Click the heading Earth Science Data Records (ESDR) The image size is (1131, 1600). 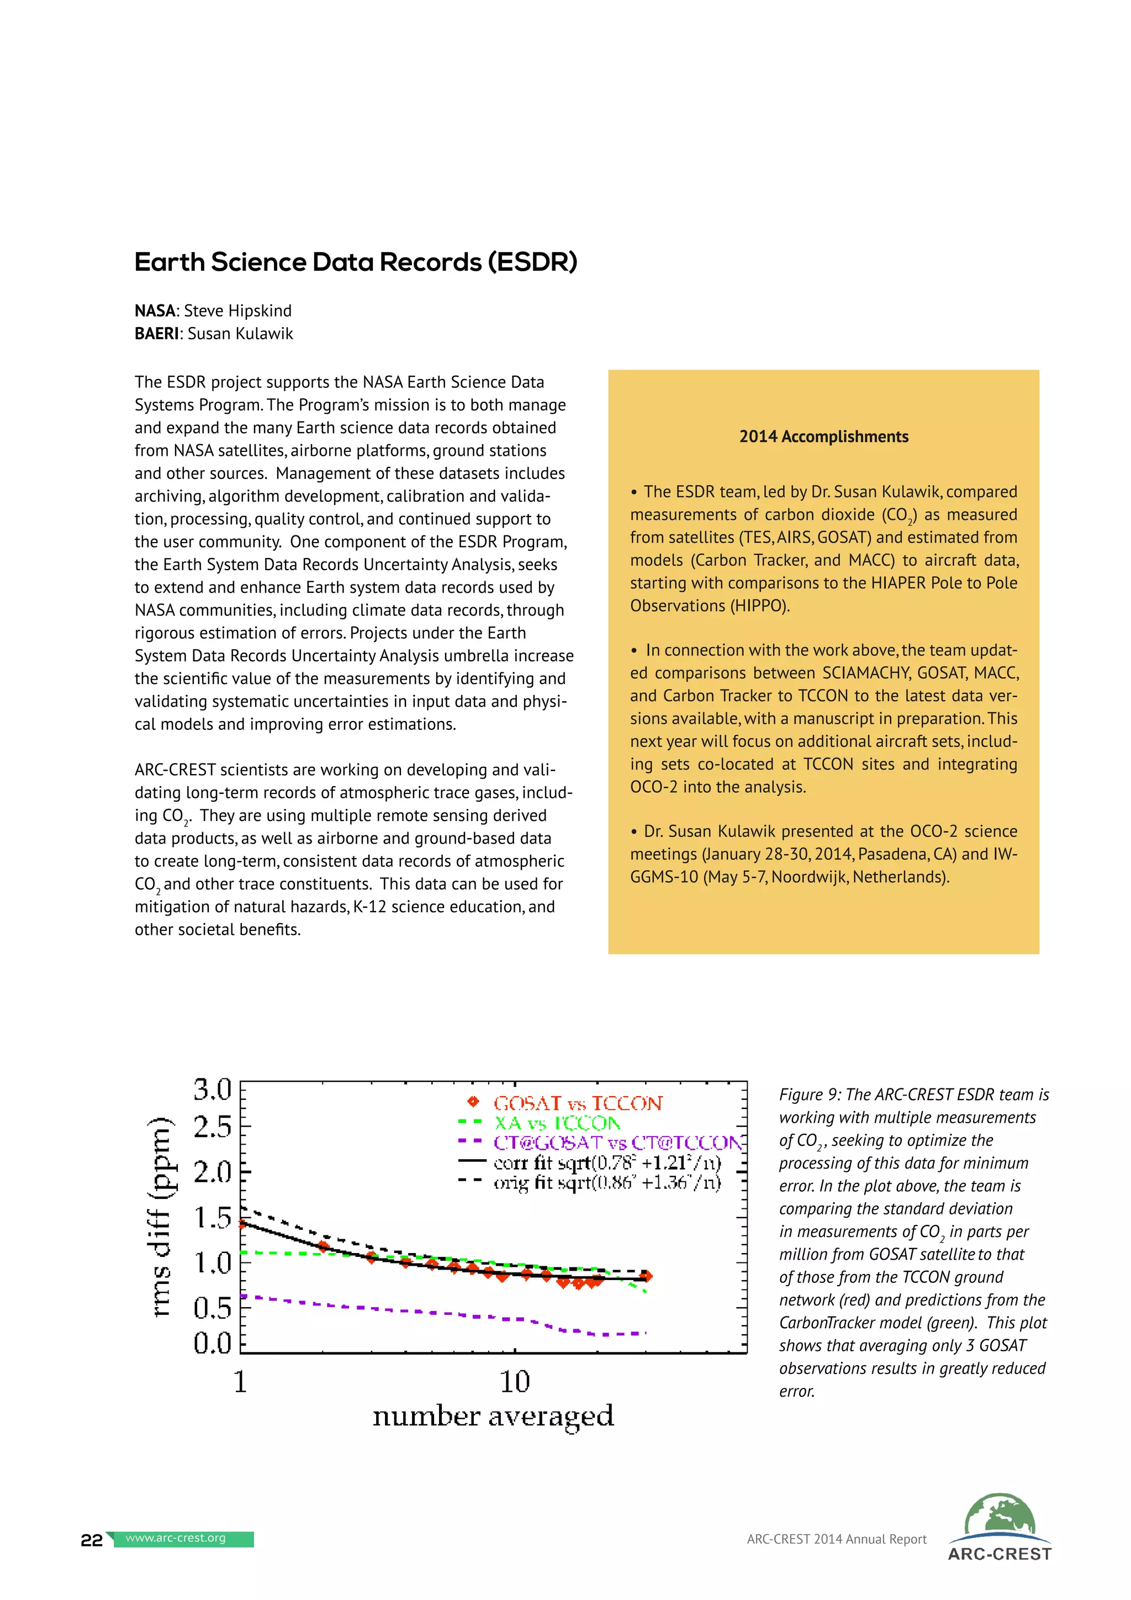pyautogui.click(x=355, y=263)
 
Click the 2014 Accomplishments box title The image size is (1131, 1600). pyautogui.click(x=823, y=437)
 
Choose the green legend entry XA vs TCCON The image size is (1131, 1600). pyautogui.click(x=557, y=1123)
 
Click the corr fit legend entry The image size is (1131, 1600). pyautogui.click(x=606, y=1162)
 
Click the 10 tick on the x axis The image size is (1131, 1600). pyautogui.click(x=515, y=1381)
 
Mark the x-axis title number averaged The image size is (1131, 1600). pyautogui.click(x=493, y=1416)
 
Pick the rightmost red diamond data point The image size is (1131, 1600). pyautogui.click(x=646, y=1276)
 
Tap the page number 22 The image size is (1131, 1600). pyautogui.click(x=91, y=1540)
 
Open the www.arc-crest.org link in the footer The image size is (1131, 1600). pyautogui.click(x=176, y=1538)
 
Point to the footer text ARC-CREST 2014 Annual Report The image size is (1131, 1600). pyautogui.click(x=837, y=1539)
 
